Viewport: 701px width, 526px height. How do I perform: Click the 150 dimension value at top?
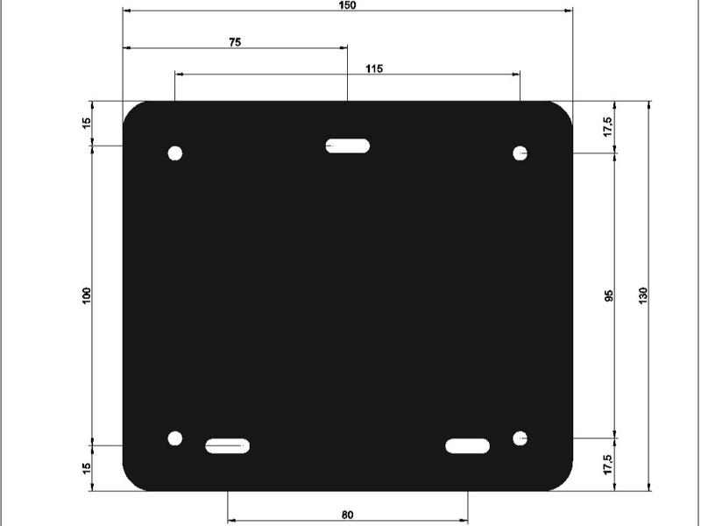[347, 5]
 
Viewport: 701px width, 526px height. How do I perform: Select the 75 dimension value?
[235, 41]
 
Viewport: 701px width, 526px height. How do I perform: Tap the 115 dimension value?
[374, 68]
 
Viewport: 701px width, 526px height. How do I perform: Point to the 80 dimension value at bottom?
[347, 515]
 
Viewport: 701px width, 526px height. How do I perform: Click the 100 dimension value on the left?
[86, 295]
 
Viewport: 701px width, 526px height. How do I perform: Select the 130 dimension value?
[643, 295]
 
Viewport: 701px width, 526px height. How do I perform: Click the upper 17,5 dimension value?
[607, 126]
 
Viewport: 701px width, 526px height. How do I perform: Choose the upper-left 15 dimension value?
[86, 124]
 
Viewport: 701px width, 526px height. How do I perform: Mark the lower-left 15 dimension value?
[86, 468]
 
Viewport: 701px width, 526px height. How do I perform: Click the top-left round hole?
[175, 153]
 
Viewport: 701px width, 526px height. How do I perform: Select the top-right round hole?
[520, 153]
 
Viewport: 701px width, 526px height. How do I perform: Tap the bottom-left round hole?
[175, 437]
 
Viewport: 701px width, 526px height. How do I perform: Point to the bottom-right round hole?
[520, 437]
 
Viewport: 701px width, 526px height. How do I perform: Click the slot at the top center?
[348, 146]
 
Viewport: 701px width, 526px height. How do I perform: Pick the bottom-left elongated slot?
[228, 446]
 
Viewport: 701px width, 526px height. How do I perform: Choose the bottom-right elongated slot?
[467, 446]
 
